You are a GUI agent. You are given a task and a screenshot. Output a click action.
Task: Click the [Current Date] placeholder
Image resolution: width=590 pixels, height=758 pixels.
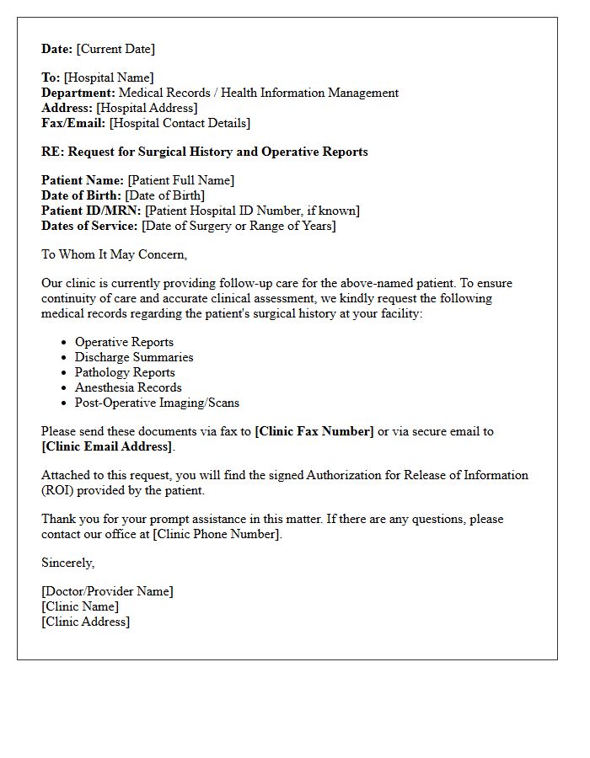click(x=115, y=49)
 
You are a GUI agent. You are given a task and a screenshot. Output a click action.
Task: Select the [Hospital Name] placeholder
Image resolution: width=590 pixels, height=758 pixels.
click(x=109, y=77)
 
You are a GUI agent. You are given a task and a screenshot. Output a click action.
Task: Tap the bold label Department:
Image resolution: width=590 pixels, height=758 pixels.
click(x=78, y=93)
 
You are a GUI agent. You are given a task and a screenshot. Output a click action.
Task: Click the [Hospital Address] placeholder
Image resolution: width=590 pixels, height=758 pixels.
click(x=147, y=108)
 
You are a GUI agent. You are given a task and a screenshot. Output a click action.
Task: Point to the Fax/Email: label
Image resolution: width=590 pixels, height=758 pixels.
click(x=73, y=123)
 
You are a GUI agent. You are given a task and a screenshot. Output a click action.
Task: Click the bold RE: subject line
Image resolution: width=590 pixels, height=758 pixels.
click(x=205, y=152)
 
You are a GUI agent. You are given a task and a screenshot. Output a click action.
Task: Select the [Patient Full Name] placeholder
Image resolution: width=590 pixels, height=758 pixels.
click(x=180, y=180)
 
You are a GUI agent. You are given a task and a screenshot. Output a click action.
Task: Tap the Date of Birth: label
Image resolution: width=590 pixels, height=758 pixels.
click(x=82, y=195)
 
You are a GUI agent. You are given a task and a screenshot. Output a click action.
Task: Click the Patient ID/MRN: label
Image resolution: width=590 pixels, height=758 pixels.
click(x=92, y=211)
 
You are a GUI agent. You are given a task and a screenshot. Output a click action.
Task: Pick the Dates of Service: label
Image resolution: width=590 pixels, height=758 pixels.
click(x=90, y=226)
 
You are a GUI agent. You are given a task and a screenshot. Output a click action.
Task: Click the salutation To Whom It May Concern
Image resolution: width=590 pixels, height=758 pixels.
click(x=115, y=254)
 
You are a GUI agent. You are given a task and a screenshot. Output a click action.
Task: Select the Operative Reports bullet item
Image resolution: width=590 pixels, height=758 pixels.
click(x=124, y=342)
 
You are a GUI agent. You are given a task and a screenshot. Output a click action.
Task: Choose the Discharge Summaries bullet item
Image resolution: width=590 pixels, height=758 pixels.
click(x=134, y=357)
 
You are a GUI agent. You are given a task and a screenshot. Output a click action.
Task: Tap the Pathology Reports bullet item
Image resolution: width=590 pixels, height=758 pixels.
click(x=125, y=372)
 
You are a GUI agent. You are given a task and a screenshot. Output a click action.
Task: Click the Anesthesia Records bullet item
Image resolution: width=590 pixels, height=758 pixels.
click(x=128, y=387)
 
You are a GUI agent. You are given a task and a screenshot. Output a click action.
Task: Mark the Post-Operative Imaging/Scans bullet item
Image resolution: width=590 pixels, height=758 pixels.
click(x=157, y=403)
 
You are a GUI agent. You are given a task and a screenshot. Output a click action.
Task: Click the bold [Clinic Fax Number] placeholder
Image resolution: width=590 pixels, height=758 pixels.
click(x=314, y=431)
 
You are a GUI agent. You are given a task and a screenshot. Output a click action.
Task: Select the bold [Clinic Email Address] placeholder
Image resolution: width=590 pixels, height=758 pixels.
click(x=107, y=446)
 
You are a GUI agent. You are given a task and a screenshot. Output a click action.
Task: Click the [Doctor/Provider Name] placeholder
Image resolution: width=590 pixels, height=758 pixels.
click(x=107, y=591)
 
